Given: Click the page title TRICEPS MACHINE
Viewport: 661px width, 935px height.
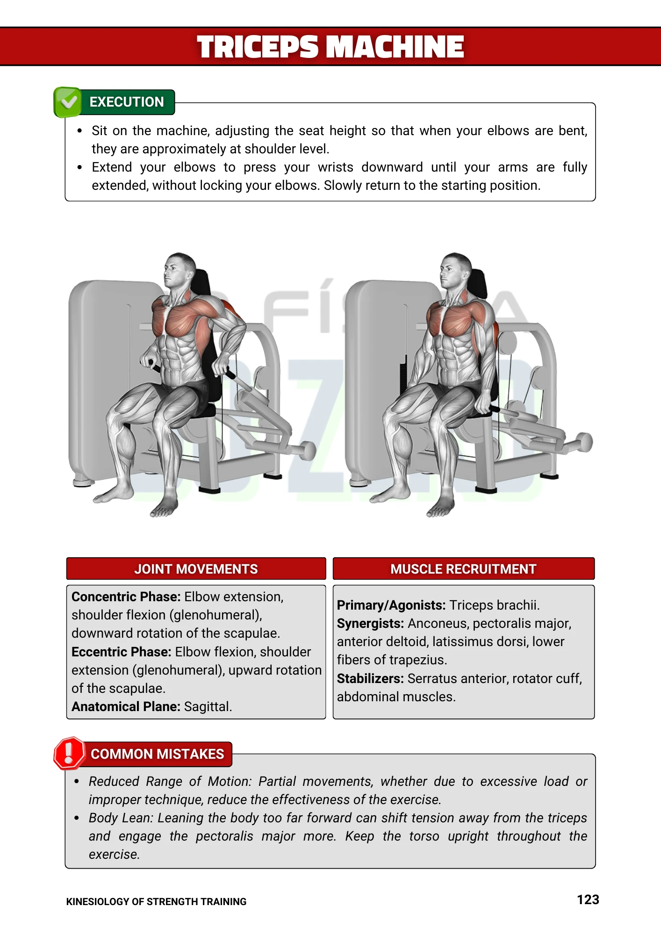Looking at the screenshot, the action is (x=330, y=47).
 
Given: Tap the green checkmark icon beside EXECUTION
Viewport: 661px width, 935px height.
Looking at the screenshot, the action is (x=68, y=102).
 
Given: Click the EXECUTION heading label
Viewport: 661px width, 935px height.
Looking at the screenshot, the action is (x=127, y=102).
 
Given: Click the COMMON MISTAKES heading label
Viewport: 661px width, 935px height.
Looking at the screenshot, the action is (x=158, y=754).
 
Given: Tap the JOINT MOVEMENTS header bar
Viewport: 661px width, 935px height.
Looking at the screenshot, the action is (x=196, y=568).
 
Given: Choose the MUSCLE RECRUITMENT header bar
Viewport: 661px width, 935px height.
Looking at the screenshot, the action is (x=463, y=568).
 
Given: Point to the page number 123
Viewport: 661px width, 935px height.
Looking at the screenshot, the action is (x=588, y=900).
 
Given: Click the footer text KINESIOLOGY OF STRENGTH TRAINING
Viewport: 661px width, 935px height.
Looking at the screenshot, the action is (x=156, y=902).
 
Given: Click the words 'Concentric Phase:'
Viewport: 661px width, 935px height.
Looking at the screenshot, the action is (x=126, y=597).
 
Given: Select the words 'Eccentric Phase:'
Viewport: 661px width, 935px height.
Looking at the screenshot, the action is (x=122, y=652).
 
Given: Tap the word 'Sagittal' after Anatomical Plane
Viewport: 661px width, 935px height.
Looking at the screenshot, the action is (x=207, y=707).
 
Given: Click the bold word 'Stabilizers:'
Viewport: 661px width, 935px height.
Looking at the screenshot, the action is (x=370, y=679).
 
